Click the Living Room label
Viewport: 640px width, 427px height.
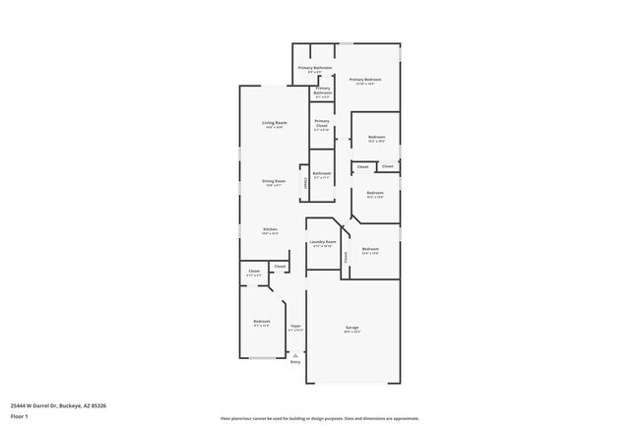(x=273, y=123)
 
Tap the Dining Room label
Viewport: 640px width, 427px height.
(x=273, y=181)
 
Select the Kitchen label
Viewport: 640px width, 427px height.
(x=269, y=229)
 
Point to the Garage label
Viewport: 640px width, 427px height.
(x=352, y=328)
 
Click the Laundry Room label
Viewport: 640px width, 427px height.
(x=323, y=241)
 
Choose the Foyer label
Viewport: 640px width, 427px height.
(x=295, y=326)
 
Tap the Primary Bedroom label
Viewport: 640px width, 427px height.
(x=366, y=80)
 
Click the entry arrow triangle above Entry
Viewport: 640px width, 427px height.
(x=294, y=354)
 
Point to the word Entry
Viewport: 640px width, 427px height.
(x=294, y=361)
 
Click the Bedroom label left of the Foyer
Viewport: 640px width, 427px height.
(x=261, y=322)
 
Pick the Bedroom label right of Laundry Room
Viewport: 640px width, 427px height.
(x=370, y=249)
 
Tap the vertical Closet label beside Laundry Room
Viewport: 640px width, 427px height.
(x=346, y=257)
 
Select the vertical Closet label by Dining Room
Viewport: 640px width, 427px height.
(x=305, y=182)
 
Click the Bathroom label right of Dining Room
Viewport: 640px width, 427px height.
(x=322, y=173)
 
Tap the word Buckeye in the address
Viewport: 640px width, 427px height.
(x=69, y=405)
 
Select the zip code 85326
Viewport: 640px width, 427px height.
(x=98, y=405)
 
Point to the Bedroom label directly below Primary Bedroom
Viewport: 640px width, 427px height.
(x=376, y=137)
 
